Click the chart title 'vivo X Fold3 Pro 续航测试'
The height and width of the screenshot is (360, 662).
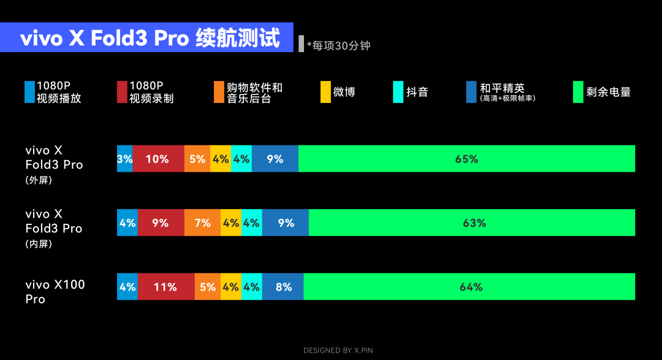pos(150,38)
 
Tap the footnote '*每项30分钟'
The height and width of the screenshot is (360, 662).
pos(338,45)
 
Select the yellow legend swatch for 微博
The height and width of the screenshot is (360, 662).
pos(325,92)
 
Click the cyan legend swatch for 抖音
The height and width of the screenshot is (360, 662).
pos(398,92)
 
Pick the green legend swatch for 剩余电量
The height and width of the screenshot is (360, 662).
pos(578,92)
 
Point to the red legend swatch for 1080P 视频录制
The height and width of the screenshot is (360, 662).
pos(122,92)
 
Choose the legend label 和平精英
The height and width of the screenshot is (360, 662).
pos(503,88)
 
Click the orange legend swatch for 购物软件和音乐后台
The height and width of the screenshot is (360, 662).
pos(219,92)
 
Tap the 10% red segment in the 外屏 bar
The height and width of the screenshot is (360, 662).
pos(158,158)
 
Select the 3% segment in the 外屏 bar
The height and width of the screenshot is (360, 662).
pos(124,158)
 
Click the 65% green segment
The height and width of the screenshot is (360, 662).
pos(466,158)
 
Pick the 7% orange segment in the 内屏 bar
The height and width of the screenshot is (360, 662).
pos(203,223)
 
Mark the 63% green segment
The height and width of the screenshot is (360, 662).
pos(471,223)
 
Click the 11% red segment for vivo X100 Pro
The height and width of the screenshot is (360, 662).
pos(166,286)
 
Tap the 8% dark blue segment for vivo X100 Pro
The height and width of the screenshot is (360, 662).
pos(283,286)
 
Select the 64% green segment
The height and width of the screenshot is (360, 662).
pos(469,286)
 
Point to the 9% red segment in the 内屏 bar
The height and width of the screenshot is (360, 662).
pos(161,223)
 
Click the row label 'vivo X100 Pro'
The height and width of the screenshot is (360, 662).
pos(55,291)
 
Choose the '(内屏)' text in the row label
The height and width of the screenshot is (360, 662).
pos(39,244)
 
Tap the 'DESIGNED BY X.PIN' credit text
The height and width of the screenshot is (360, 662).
pos(338,350)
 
